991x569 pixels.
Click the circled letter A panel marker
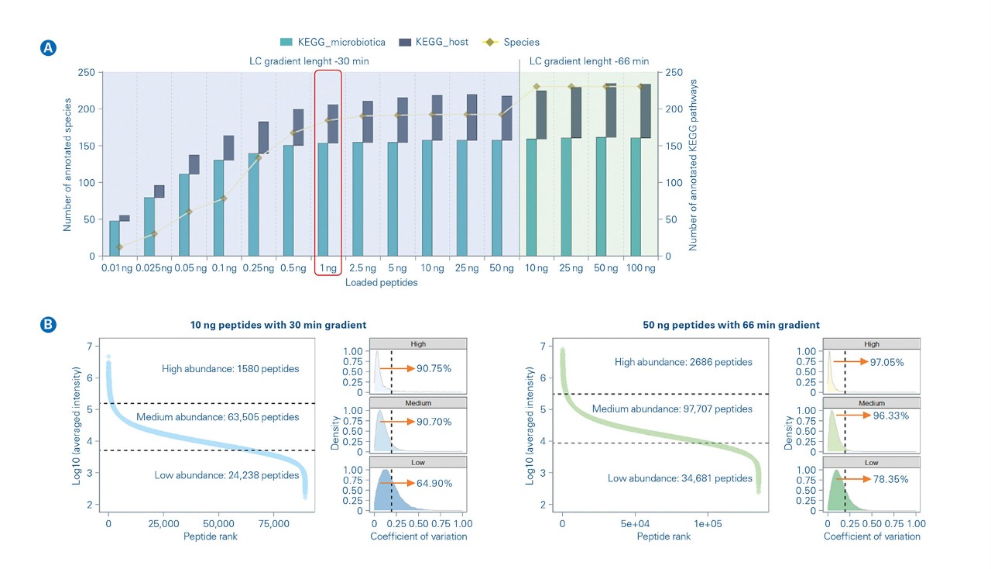[47, 47]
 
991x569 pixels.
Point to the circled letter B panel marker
[47, 325]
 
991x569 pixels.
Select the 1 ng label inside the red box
[328, 268]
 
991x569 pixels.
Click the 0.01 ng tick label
[116, 268]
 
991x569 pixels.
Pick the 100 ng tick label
[640, 268]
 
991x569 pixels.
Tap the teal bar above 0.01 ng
[115, 238]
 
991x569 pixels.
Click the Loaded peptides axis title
[381, 283]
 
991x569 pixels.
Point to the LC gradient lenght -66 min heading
[588, 61]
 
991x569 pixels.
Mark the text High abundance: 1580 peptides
[231, 369]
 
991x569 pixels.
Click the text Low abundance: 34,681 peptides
[680, 478]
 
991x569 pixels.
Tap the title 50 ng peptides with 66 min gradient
[731, 325]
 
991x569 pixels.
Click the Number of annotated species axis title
[68, 164]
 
